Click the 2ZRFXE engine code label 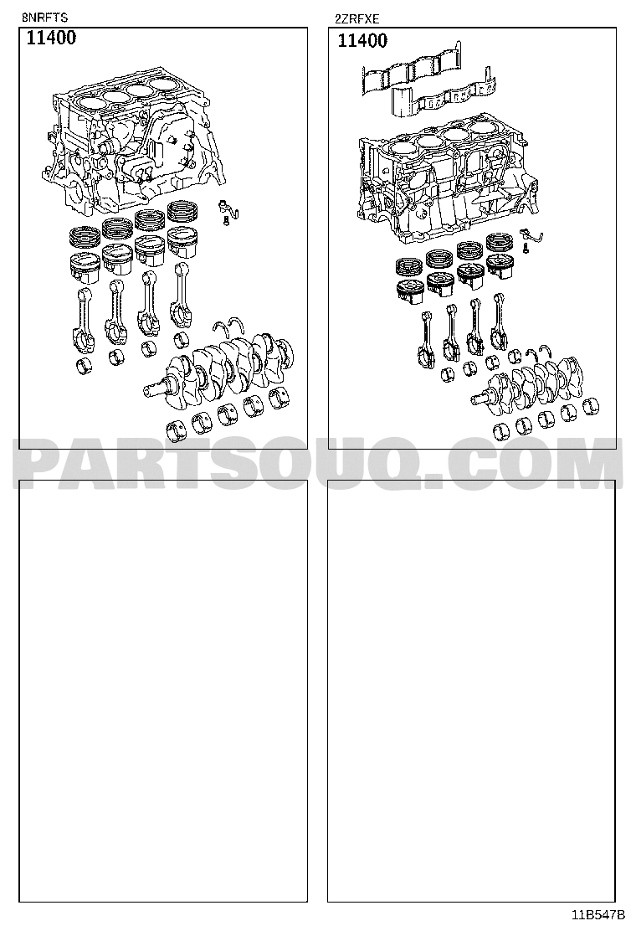click(x=356, y=19)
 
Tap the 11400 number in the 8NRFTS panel click(x=51, y=38)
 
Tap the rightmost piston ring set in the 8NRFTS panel click(x=182, y=211)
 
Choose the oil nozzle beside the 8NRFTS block click(x=227, y=210)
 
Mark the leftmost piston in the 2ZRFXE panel click(x=409, y=291)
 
